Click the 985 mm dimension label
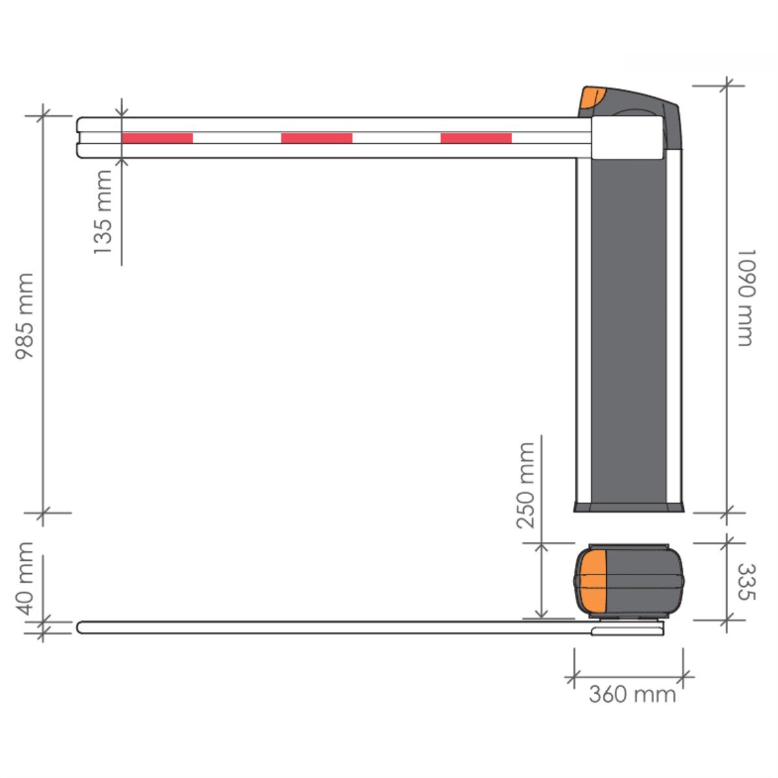[24, 316]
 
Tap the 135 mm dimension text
[102, 212]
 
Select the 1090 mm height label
[746, 298]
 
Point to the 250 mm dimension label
[526, 486]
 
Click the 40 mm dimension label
[24, 578]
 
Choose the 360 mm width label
[632, 694]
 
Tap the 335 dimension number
[746, 582]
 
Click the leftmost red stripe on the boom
[157, 138]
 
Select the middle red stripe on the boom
[316, 138]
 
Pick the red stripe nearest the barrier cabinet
[476, 138]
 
